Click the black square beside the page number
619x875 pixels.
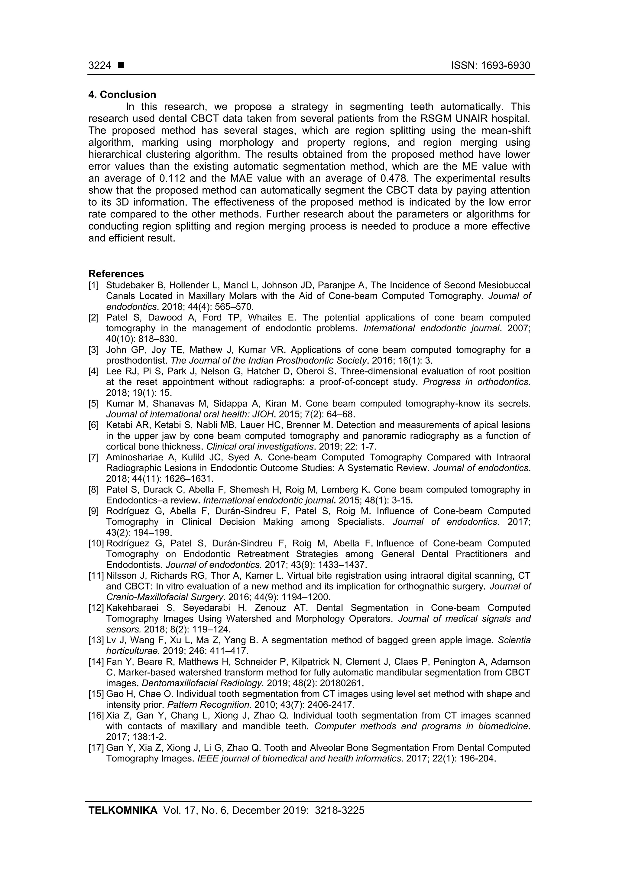pyautogui.click(x=121, y=66)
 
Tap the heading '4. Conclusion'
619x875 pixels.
pyautogui.click(x=122, y=95)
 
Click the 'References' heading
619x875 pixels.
pyautogui.click(x=116, y=274)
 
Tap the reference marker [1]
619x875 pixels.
pyautogui.click(x=94, y=285)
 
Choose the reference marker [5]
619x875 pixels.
pyautogui.click(x=94, y=403)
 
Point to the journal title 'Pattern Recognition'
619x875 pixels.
pyautogui.click(x=208, y=705)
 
